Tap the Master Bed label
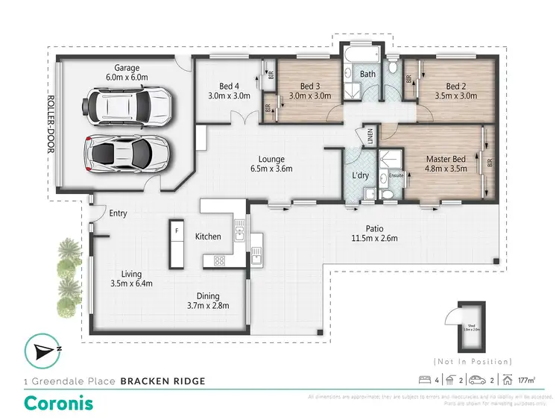pyautogui.click(x=446, y=159)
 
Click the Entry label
pyautogui.click(x=118, y=213)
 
